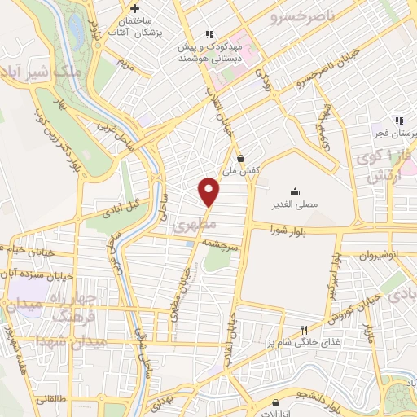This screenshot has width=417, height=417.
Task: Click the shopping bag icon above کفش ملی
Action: pyautogui.click(x=240, y=159)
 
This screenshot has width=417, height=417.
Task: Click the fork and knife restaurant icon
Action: pyautogui.click(x=304, y=330)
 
